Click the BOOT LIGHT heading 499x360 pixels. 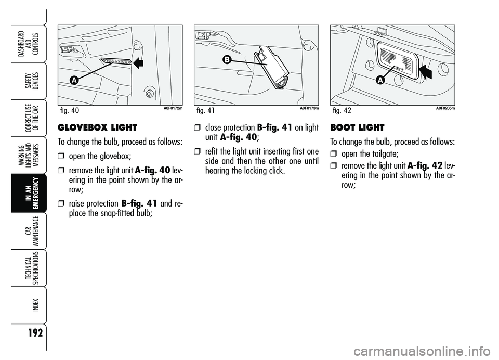(357, 127)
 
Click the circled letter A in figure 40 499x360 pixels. (74, 80)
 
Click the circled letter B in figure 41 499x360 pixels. (227, 60)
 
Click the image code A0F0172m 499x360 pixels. (170, 108)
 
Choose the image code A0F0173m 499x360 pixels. (309, 108)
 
